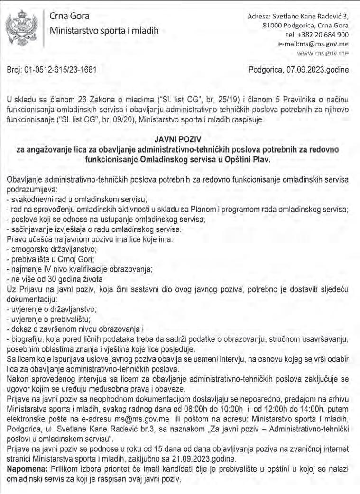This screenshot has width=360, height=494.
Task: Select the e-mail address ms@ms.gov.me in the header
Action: point(321,44)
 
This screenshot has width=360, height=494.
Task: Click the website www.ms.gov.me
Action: point(325,53)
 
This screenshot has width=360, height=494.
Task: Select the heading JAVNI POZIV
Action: point(179,140)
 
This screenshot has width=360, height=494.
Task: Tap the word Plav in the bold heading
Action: point(260,160)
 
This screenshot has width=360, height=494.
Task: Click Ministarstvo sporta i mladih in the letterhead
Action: point(104,32)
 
